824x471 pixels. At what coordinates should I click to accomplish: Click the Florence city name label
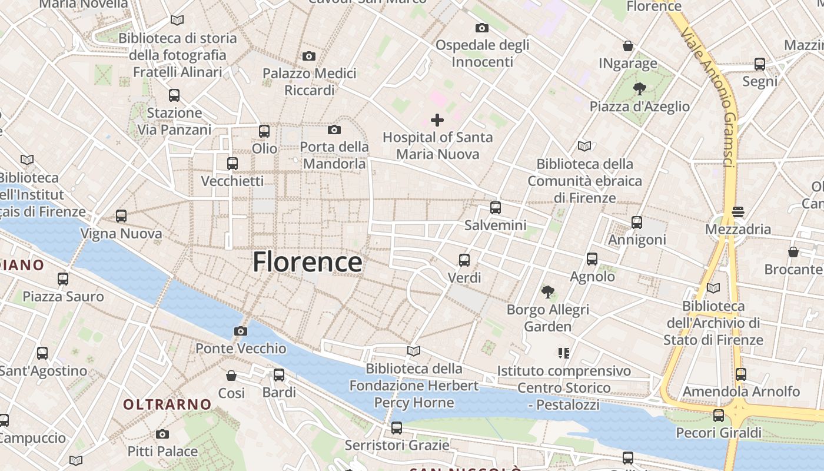(307, 262)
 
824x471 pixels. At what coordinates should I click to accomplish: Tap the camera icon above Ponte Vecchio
(240, 331)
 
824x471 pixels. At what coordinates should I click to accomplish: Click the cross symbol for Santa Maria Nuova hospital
(437, 121)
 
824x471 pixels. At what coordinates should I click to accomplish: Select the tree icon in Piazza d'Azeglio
(639, 89)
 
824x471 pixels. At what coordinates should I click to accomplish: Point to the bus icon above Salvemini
(496, 207)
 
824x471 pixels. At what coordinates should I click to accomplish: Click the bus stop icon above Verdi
(464, 260)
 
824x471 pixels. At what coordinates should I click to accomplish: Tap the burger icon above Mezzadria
(738, 211)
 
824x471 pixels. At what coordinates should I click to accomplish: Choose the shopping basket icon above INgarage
(628, 46)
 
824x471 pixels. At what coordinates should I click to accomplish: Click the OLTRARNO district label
(167, 404)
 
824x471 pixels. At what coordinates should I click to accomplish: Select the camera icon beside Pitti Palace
(162, 434)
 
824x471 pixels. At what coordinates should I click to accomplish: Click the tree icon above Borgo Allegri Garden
(548, 291)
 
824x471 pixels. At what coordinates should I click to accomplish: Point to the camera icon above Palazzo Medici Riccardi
(309, 57)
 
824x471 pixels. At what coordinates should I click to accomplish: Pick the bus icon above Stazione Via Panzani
(174, 95)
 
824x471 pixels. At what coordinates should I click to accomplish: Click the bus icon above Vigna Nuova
(121, 216)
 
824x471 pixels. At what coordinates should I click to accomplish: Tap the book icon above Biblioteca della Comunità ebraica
(584, 146)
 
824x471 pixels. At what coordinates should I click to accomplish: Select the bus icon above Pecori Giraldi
(719, 416)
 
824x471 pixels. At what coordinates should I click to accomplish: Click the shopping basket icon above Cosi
(231, 375)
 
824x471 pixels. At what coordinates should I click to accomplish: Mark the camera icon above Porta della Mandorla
(334, 130)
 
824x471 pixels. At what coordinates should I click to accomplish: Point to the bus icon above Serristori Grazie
(397, 427)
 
